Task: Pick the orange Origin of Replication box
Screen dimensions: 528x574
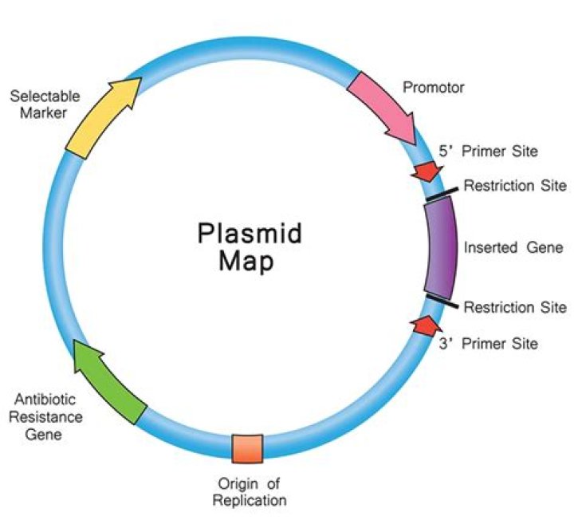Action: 247,449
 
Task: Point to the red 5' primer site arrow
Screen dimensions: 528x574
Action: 426,170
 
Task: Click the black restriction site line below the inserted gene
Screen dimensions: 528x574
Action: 442,301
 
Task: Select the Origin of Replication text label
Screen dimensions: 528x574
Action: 251,492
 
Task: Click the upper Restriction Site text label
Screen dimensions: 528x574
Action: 515,187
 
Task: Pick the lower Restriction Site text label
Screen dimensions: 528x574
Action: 515,307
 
